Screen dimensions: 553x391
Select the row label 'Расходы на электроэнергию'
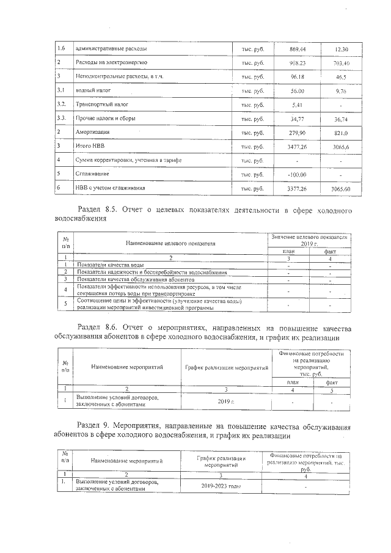(x=110, y=63)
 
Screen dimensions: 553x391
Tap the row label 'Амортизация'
(x=92, y=132)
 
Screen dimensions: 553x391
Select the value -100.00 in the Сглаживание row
(x=297, y=174)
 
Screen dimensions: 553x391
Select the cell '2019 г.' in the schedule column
(x=226, y=401)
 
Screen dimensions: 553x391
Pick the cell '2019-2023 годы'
(x=221, y=486)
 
